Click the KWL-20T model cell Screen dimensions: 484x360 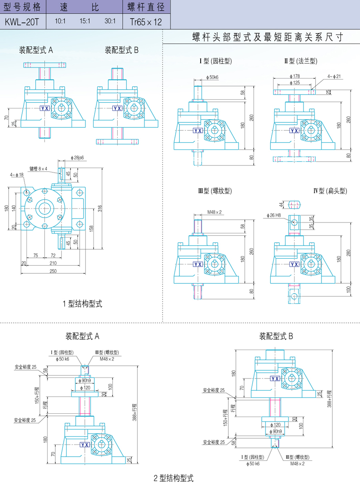tap(23, 21)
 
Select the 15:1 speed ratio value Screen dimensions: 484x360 tap(85, 21)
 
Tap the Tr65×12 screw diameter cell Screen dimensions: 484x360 tap(146, 21)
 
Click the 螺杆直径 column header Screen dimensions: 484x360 tap(146, 7)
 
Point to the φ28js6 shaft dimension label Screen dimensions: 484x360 tap(78, 157)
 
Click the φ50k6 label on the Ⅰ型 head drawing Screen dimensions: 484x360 tap(212, 77)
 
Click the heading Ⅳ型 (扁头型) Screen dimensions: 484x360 tap(330, 191)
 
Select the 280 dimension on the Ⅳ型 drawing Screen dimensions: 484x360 tap(349, 252)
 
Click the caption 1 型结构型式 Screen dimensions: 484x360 tap(82, 304)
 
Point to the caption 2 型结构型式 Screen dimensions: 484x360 tap(173, 478)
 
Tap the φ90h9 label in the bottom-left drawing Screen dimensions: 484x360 tap(86, 381)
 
